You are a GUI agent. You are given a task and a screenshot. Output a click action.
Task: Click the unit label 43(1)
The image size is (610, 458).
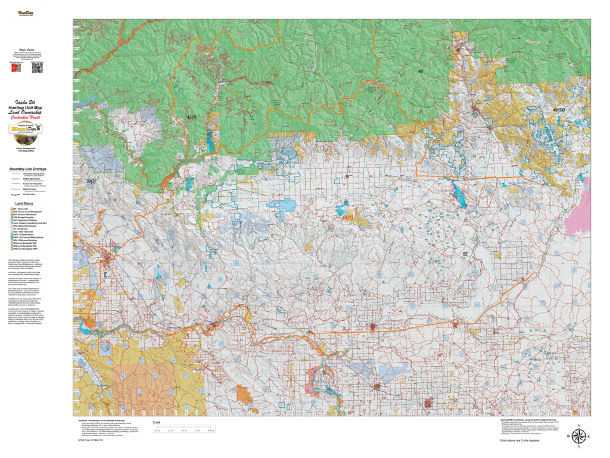point(192,117)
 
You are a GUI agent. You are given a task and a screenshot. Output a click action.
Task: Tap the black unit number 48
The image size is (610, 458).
point(421,72)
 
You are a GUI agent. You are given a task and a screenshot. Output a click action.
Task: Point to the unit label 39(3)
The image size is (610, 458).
point(91,181)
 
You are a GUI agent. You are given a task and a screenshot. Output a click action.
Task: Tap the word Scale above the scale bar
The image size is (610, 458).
point(157,423)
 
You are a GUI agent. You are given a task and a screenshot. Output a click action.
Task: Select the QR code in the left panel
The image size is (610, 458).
point(36,69)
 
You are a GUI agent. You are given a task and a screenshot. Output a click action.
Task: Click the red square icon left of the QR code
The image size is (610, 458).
point(14,69)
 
